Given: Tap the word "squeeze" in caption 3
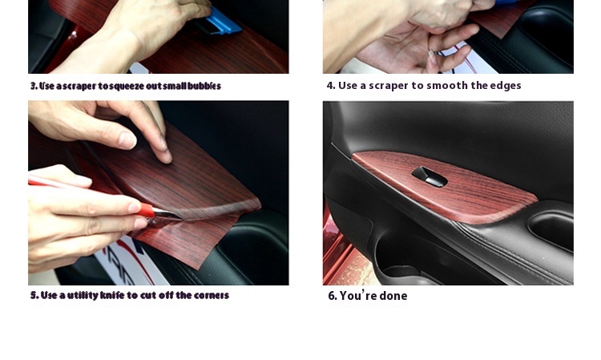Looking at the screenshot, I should click(x=120, y=86).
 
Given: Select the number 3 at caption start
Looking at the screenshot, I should click(x=34, y=86).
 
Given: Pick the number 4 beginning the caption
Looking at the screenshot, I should click(x=330, y=86).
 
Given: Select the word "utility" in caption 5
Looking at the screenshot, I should click(x=81, y=295).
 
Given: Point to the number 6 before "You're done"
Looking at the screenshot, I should click(x=332, y=296).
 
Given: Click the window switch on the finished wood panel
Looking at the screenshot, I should click(x=429, y=176).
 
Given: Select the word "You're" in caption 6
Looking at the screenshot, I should click(x=358, y=296).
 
